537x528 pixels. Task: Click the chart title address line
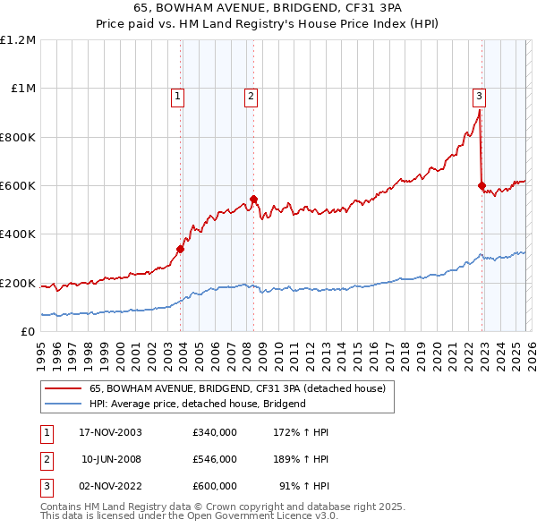click(268, 9)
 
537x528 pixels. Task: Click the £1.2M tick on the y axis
click(18, 40)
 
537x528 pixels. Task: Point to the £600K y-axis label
click(18, 186)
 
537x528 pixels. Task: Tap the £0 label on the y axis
click(29, 332)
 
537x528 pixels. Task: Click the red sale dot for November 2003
click(181, 250)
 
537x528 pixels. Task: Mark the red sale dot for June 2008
click(253, 200)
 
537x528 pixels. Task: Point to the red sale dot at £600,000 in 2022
click(482, 186)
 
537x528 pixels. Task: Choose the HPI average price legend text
click(198, 404)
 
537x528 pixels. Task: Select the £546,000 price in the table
click(214, 459)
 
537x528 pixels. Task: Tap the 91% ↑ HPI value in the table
click(304, 486)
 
